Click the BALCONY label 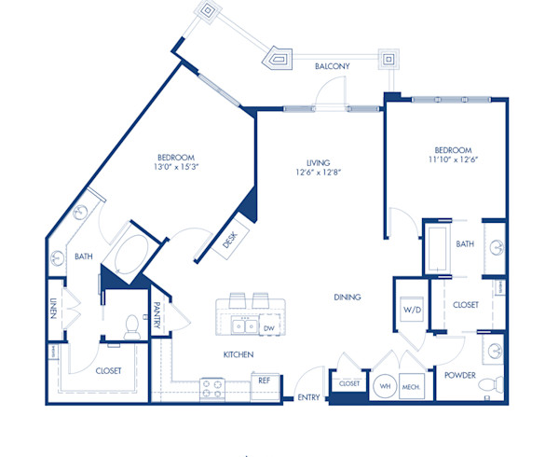332,66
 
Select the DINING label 348,298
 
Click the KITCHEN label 238,354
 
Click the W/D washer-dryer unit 410,310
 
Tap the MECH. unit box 410,385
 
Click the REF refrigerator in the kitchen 264,381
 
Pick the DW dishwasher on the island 267,327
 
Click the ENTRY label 308,398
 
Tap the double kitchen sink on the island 245,326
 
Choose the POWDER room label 460,376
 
